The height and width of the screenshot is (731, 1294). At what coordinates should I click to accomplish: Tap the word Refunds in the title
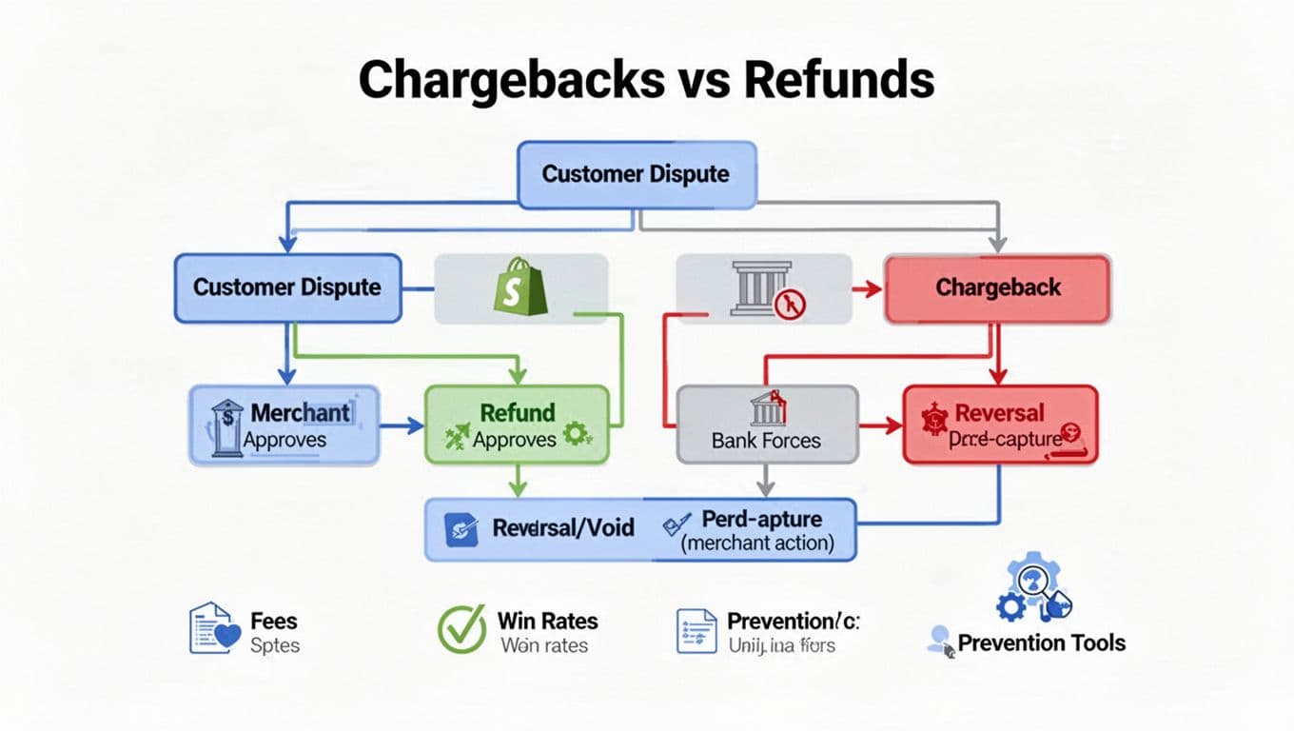click(838, 80)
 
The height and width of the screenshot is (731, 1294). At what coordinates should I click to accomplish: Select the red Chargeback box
click(997, 288)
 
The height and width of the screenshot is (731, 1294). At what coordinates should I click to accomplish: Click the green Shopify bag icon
click(520, 287)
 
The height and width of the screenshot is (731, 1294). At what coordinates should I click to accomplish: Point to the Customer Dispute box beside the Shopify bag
click(286, 287)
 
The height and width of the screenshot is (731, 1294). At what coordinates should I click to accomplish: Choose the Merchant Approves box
click(284, 425)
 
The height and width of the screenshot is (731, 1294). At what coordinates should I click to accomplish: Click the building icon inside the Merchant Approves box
click(226, 425)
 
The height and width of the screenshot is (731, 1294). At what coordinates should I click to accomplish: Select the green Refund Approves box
click(516, 425)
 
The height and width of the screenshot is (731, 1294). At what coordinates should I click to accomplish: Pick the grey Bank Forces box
click(766, 425)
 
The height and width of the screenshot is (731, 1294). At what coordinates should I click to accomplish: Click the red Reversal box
click(999, 425)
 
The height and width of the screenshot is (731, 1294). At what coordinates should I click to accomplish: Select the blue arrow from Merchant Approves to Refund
click(401, 426)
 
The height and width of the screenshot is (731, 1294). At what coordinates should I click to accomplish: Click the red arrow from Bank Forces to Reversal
click(880, 426)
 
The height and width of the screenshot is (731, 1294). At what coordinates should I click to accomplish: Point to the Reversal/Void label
click(562, 527)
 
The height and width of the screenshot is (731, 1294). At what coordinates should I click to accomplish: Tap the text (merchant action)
click(757, 544)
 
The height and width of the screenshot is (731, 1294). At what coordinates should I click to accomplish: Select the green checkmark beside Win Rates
click(461, 629)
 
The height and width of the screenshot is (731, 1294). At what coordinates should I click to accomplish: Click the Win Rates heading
click(548, 622)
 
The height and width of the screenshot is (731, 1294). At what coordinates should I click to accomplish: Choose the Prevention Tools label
click(1041, 643)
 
